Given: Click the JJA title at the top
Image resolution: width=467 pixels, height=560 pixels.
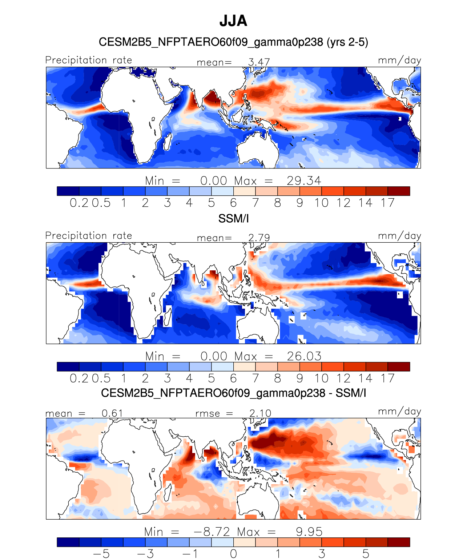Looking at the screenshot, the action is pos(233,21).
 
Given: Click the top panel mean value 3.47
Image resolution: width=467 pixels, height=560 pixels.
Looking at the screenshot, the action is pos(259,62).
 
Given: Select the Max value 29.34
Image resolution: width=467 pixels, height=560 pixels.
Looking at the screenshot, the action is pos(304,181).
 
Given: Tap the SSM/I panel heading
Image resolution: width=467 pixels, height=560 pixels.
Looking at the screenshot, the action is pos(233,219).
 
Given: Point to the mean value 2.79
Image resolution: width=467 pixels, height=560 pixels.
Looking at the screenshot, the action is pos(259,238).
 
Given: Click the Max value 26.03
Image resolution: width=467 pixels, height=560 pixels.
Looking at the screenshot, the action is pos(304,357).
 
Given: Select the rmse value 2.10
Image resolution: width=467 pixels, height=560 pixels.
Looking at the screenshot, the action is pos(260,413).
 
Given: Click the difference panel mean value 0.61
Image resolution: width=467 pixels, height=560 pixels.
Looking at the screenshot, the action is pos(112,413).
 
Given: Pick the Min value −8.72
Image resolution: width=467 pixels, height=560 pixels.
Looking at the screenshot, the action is pos(212,532).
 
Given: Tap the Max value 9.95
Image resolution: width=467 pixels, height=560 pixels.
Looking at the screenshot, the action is pos(309,532).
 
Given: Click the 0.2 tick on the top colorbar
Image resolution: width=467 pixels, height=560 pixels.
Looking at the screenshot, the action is pos(79,203).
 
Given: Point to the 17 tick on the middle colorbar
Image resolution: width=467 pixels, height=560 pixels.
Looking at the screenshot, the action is pos(388,378).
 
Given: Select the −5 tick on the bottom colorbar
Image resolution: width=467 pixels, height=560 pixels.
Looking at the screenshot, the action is pos(101,554).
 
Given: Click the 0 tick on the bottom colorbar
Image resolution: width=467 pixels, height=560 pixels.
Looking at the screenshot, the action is pos(233,554).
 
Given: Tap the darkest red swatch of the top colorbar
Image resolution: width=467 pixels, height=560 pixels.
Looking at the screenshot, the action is pos(399,191).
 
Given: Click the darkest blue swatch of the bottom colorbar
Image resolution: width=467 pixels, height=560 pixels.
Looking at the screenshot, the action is pos(68,542).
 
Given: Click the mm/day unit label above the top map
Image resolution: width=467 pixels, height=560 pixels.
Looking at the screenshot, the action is pos(399,60).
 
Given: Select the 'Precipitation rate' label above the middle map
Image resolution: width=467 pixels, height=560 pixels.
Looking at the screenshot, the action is pos(89,235).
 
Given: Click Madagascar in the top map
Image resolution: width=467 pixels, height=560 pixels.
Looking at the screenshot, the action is pos(168,142).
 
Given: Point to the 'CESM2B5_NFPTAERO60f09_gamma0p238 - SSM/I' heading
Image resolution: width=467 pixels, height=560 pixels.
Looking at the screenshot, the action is pos(233,393).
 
